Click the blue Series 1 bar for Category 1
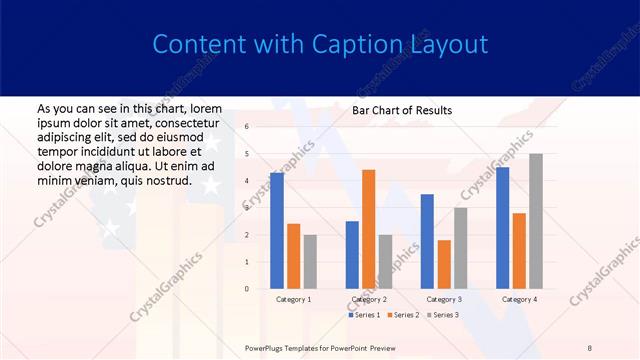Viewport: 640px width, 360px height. [276, 231]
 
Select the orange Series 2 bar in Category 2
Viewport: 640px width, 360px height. [368, 229]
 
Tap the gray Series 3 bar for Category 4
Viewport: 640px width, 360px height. [536, 221]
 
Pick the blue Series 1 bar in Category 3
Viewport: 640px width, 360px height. [427, 241]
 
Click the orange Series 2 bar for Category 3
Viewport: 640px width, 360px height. [444, 264]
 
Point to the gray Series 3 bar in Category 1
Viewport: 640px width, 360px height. [310, 262]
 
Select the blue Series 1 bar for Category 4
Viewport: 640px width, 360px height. [502, 228]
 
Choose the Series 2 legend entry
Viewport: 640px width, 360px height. [404, 315]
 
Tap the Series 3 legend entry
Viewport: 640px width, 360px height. [442, 315]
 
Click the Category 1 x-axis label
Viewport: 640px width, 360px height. [293, 299]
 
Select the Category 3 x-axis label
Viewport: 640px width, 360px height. [444, 299]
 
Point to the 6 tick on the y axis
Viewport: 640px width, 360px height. [247, 127]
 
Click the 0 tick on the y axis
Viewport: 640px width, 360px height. [247, 289]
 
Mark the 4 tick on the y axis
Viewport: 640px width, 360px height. [247, 181]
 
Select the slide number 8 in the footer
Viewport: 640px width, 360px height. [589, 347]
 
